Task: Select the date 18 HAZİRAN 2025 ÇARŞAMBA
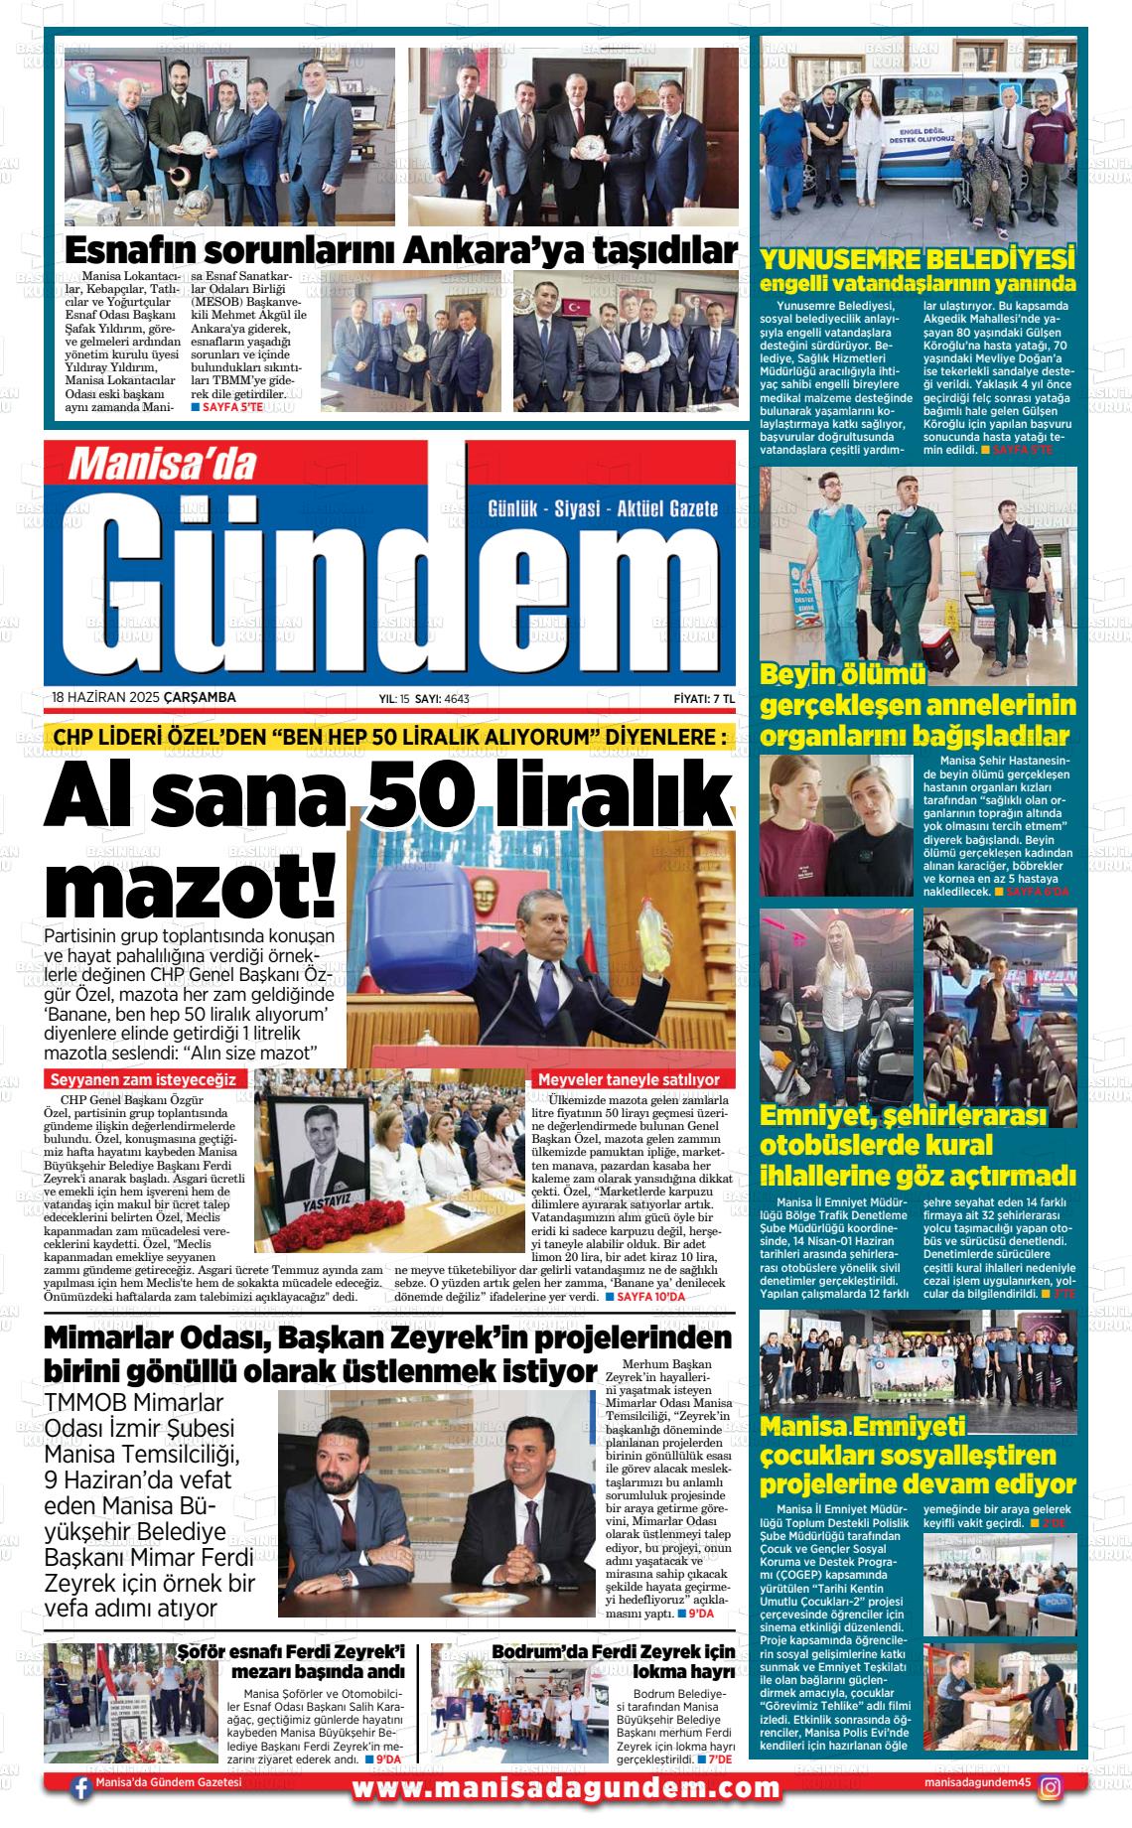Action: pyautogui.click(x=144, y=697)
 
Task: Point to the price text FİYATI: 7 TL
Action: pyautogui.click(x=703, y=698)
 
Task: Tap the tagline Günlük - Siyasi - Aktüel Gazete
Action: pyautogui.click(x=603, y=509)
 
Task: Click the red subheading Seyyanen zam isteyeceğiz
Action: pyautogui.click(x=143, y=1078)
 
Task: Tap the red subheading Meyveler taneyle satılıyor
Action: pyautogui.click(x=629, y=1078)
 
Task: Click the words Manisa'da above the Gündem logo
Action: pyautogui.click(x=162, y=464)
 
